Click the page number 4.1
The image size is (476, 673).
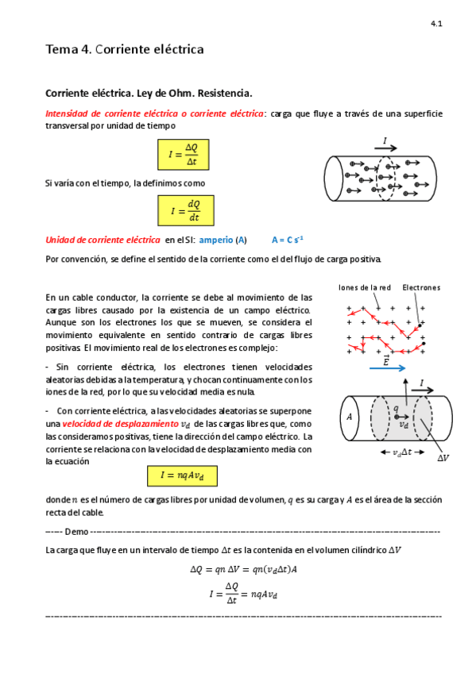436,25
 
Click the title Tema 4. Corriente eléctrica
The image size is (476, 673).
125,50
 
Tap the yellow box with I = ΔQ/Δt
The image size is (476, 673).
186,155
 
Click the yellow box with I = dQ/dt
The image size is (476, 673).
186,211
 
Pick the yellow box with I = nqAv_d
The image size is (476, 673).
181,475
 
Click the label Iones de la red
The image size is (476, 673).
363,287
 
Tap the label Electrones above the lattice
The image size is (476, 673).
420,287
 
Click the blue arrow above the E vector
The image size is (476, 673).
387,368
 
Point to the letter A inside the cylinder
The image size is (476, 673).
348,416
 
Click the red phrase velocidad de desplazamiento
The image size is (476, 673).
128,424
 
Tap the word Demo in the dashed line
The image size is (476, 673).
77,531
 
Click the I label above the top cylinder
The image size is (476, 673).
385,142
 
